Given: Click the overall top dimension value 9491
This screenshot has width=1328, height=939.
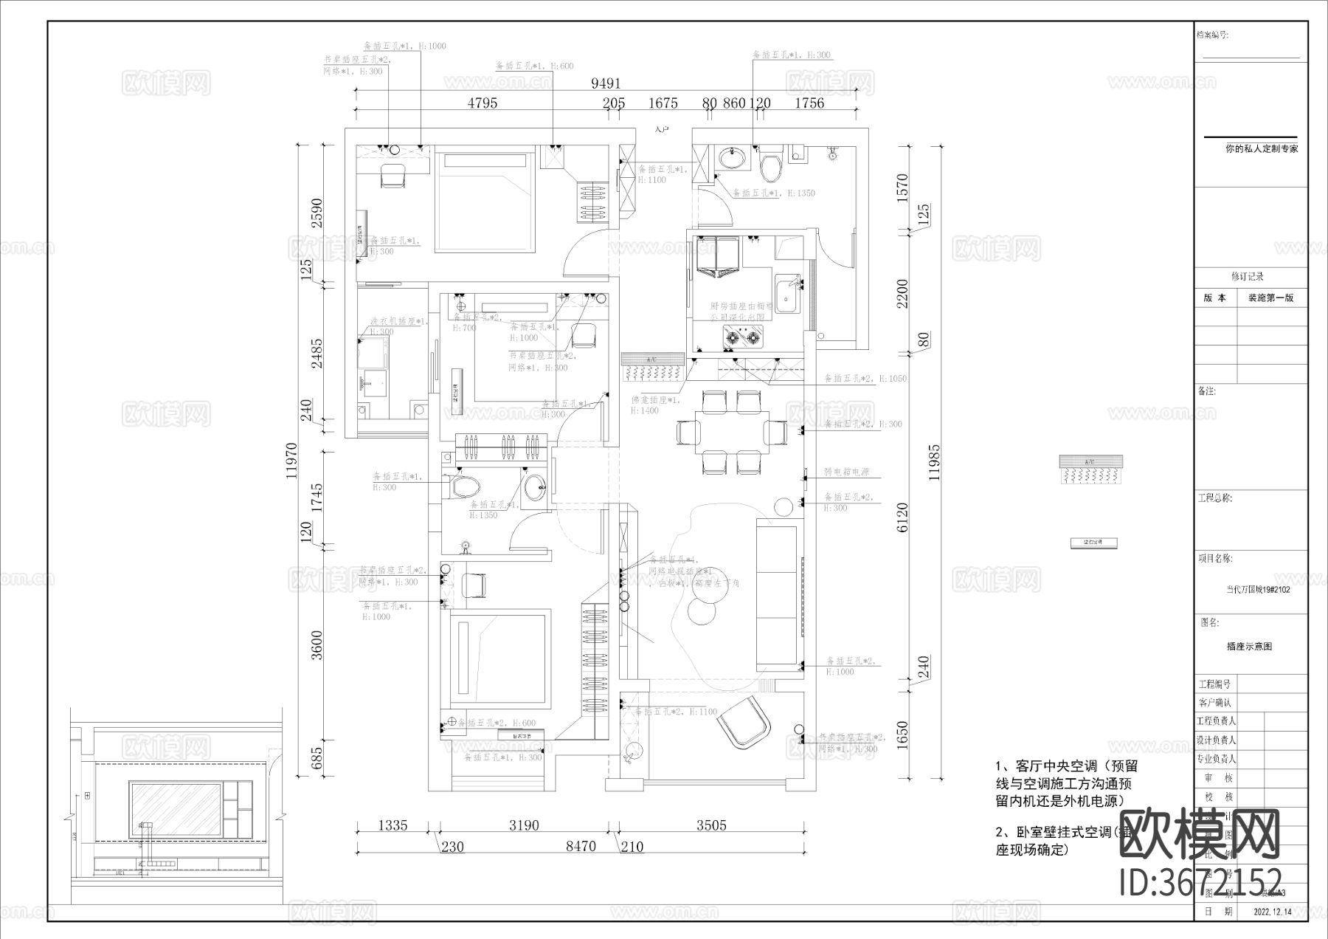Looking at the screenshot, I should tap(606, 83).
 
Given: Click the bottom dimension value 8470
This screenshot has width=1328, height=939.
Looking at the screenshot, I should tap(581, 847).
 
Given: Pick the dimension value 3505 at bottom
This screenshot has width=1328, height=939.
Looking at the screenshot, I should tap(711, 825).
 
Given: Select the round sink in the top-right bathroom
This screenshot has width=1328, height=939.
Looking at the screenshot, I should tap(732, 158).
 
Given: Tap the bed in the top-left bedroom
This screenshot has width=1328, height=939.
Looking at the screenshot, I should tap(484, 202).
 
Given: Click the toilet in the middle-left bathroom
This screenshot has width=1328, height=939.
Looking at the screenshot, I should tap(464, 486).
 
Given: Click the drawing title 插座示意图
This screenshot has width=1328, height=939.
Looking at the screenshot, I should tap(1249, 646).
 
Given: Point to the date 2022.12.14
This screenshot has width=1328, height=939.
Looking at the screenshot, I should tap(1273, 912).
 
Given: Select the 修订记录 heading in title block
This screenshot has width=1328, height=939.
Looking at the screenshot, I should tap(1247, 276).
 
